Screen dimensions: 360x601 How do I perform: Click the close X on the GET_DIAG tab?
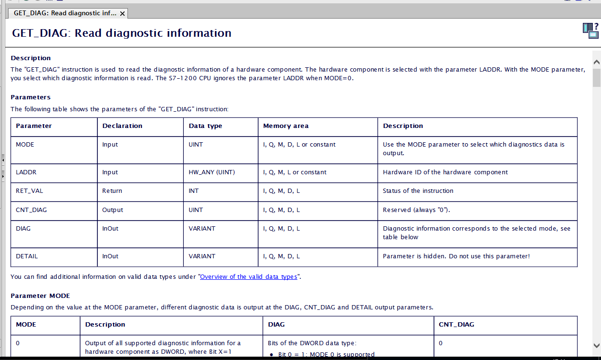pyautogui.click(x=123, y=14)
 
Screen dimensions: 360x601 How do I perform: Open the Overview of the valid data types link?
pyautogui.click(x=248, y=277)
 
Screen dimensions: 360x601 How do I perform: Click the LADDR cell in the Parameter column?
pyautogui.click(x=26, y=172)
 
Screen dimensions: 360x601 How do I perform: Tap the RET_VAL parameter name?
pyautogui.click(x=29, y=191)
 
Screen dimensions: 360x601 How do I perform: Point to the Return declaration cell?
pyautogui.click(x=112, y=191)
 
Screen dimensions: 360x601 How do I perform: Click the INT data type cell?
pyautogui.click(x=194, y=191)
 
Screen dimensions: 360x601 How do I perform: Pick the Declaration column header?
pyautogui.click(x=122, y=126)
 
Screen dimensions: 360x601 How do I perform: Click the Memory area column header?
pyautogui.click(x=285, y=126)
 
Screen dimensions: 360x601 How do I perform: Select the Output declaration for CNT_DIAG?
pyautogui.click(x=113, y=210)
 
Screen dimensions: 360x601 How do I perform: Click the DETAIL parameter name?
pyautogui.click(x=26, y=256)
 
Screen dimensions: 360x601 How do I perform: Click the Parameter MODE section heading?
pyautogui.click(x=40, y=296)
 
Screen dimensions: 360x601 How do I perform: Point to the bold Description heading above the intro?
pyautogui.click(x=31, y=58)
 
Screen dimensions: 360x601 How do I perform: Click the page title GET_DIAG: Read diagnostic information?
pyautogui.click(x=122, y=33)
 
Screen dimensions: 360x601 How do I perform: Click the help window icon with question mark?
pyautogui.click(x=590, y=30)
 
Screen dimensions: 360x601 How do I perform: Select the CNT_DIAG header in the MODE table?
pyautogui.click(x=456, y=325)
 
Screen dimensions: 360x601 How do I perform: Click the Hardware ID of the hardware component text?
pyautogui.click(x=445, y=172)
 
